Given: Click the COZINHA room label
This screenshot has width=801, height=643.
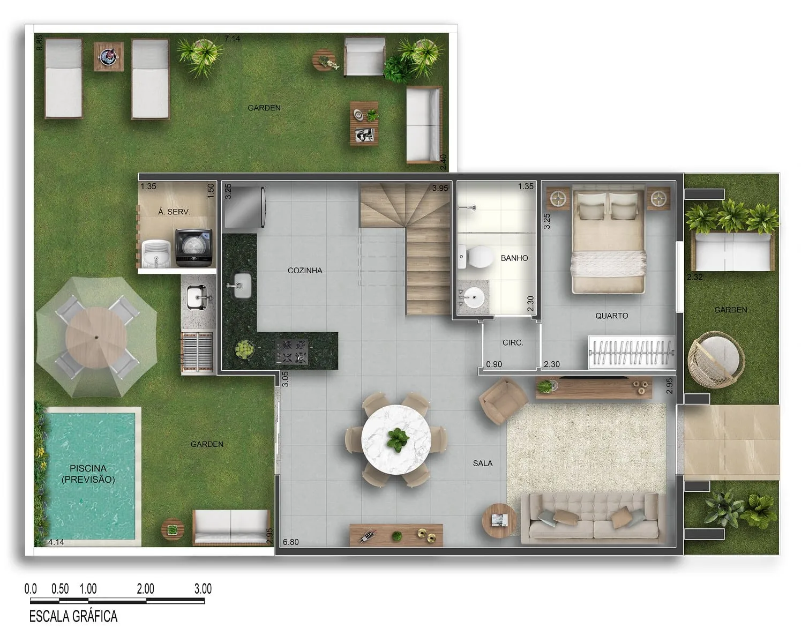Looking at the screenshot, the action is point(305,271).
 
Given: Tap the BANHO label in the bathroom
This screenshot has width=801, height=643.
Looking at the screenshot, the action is point(514,258).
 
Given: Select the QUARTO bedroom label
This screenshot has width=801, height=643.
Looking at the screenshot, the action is point(611,316).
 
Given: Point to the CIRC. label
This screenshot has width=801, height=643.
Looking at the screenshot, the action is point(513,342).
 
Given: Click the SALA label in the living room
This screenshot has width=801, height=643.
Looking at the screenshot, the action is point(482,463).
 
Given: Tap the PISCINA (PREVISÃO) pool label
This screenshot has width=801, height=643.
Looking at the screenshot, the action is point(88,474).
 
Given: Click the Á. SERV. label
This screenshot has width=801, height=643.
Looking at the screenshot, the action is point(174,212).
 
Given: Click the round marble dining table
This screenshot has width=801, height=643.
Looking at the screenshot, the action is point(396,440).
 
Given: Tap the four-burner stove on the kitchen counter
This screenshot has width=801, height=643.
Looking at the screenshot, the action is point(292,351).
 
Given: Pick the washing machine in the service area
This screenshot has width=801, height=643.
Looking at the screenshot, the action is point(194,248).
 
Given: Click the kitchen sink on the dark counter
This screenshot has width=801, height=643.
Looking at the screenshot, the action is point(241,286).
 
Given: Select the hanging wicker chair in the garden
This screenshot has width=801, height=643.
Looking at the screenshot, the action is point(716,360).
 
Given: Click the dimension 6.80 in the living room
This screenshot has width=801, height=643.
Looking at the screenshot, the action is point(291,542).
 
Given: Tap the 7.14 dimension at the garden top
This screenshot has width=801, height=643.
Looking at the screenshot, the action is point(232,39).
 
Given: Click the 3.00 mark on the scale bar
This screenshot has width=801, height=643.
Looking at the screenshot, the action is point(203,589).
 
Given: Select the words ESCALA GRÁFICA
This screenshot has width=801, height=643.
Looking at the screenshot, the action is point(73,617).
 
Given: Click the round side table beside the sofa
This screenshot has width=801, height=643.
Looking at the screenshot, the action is point(499,520).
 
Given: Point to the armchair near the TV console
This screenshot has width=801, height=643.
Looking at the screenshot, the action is point(503,401).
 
